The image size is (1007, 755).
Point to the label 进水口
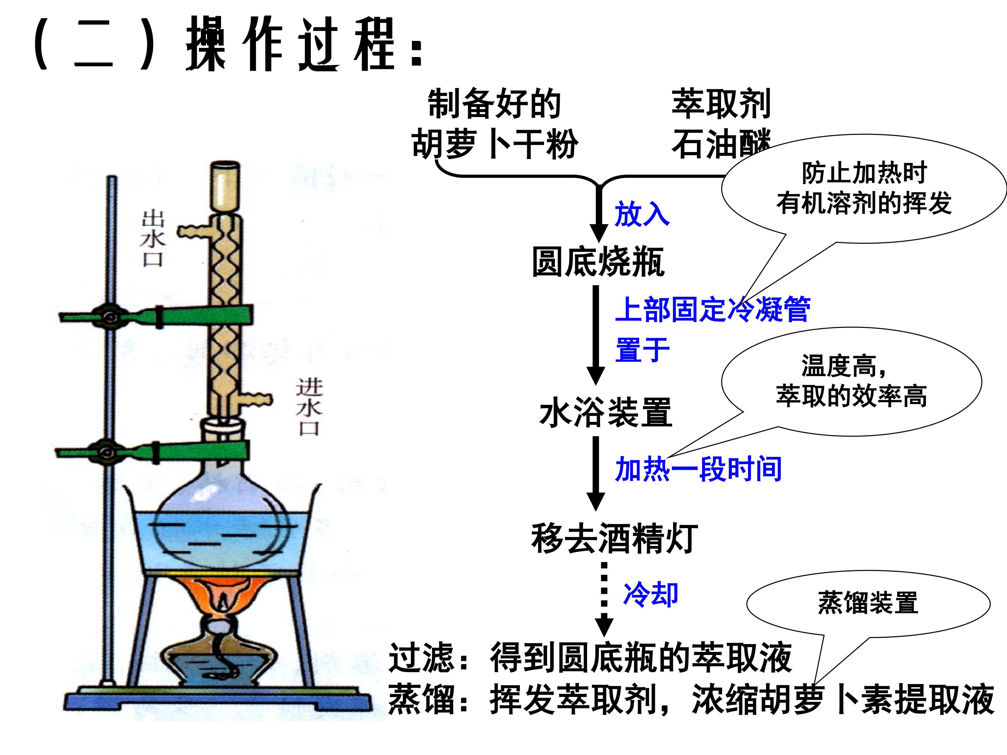point(309,407)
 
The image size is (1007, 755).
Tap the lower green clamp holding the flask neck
point(152,452)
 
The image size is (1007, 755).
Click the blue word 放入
point(642,214)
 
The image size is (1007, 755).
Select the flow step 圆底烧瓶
point(598,262)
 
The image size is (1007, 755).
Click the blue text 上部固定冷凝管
point(713,309)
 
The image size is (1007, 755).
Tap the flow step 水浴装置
point(606,412)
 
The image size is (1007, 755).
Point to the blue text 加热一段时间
point(698,469)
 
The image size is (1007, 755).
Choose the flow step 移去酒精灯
point(615,538)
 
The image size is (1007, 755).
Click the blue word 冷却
point(651,594)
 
